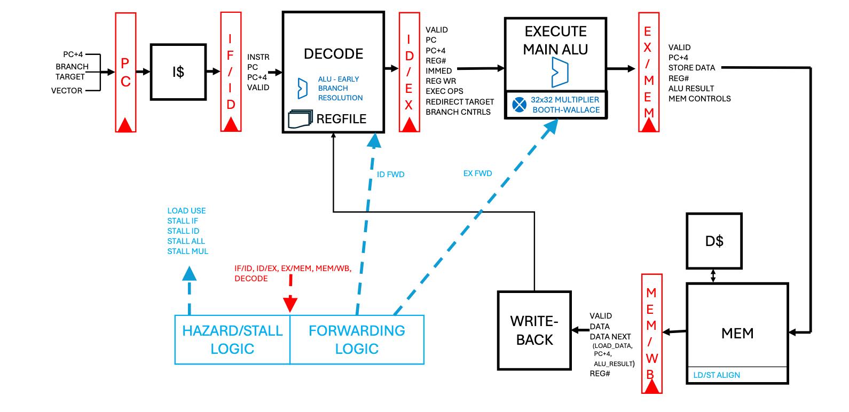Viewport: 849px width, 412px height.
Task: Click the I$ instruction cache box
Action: click(x=178, y=72)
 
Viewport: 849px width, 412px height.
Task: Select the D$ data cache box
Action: click(x=714, y=241)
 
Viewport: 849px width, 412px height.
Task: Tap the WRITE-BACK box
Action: click(x=534, y=330)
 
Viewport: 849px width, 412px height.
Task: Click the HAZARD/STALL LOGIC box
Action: click(x=232, y=339)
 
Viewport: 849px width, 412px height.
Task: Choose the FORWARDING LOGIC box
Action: click(x=357, y=339)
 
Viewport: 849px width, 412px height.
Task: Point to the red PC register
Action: click(x=126, y=73)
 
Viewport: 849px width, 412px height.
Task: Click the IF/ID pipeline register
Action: click(x=231, y=72)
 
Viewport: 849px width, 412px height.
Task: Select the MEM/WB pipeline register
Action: click(x=652, y=334)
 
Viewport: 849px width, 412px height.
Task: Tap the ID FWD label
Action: click(x=390, y=175)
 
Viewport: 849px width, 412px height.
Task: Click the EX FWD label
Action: click(x=477, y=173)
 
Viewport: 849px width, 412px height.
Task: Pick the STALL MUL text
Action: click(x=187, y=251)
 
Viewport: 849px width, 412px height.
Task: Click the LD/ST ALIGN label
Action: click(x=717, y=375)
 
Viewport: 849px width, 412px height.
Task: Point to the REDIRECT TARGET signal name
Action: click(x=460, y=102)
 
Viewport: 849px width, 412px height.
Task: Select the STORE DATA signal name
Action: click(x=691, y=68)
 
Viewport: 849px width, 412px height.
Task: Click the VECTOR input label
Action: click(x=67, y=91)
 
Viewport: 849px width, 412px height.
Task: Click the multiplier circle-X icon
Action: click(x=519, y=105)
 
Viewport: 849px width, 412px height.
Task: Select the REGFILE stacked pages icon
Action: click(x=300, y=119)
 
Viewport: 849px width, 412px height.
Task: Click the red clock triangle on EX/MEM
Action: click(x=649, y=125)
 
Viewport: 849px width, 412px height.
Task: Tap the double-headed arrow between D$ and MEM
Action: click(x=713, y=276)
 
